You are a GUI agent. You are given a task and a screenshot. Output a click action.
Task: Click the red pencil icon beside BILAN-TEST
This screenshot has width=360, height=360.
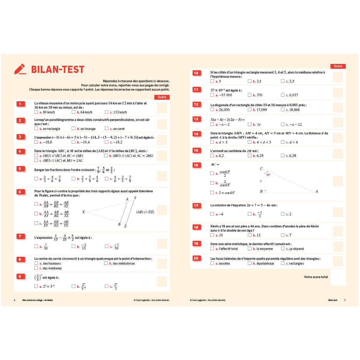(20, 69)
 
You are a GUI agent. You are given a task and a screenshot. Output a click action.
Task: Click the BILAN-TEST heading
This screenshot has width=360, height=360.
(58, 70)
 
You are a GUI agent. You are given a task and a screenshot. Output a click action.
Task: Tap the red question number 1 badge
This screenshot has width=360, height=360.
(20, 104)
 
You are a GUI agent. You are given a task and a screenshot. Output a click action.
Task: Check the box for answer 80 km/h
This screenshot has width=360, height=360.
(36, 112)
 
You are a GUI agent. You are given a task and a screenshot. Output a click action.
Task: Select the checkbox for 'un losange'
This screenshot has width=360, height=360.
(73, 128)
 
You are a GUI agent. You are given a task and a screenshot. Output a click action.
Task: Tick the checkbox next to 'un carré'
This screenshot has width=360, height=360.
(106, 128)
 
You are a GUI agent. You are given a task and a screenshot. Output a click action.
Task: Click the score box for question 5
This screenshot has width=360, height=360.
(162, 176)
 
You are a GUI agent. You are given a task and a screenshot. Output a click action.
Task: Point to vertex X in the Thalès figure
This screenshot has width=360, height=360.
(83, 212)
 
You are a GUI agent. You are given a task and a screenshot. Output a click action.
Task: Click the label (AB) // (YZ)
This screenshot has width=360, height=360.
(145, 212)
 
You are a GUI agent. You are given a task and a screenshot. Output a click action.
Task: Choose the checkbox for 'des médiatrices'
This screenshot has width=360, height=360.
(106, 263)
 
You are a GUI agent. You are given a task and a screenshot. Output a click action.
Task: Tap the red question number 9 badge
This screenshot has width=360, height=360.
(20, 276)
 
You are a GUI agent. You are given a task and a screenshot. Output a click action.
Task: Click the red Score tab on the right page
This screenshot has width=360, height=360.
(338, 66)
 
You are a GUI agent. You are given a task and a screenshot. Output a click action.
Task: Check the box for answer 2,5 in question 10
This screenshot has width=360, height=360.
(283, 81)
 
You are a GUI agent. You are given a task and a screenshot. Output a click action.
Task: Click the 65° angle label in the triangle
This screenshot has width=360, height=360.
(268, 175)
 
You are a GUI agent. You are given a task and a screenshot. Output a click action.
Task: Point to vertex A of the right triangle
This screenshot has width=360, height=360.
(316, 191)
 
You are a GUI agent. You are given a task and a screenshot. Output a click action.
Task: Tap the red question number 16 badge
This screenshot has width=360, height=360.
(196, 165)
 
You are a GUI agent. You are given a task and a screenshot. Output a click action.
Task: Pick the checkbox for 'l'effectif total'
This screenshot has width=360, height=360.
(212, 248)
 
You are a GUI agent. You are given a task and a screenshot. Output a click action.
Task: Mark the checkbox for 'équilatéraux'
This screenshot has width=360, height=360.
(250, 263)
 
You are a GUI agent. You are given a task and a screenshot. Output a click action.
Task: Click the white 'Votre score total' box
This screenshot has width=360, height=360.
(338, 277)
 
